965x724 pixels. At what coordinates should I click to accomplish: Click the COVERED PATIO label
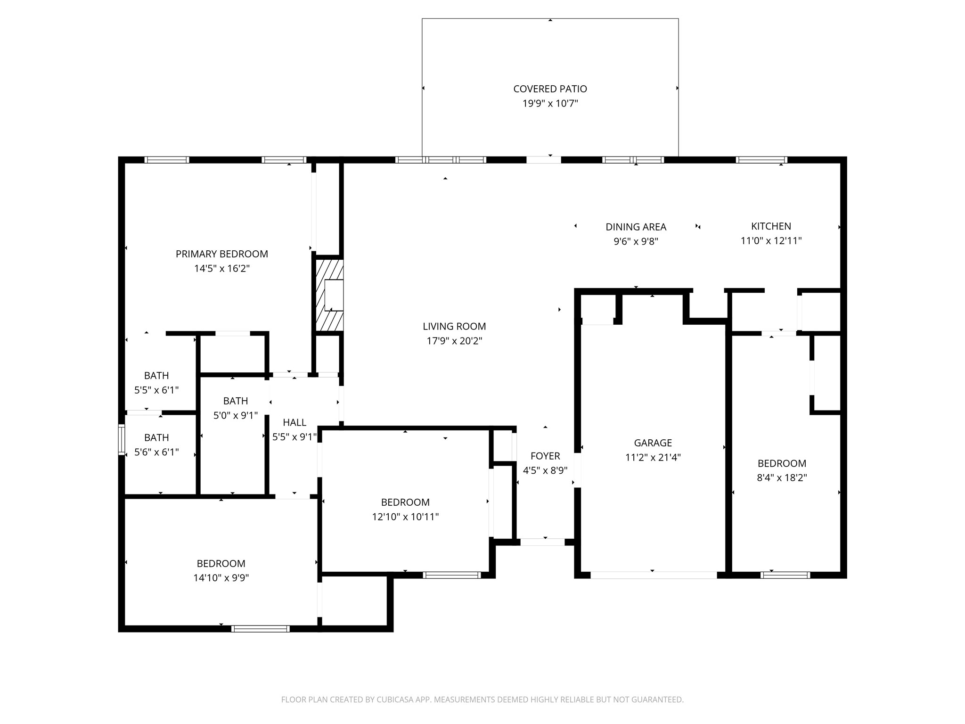(x=550, y=89)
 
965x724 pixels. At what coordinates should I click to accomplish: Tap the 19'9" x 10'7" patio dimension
(x=550, y=103)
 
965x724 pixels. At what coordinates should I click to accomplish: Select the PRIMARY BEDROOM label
(x=222, y=254)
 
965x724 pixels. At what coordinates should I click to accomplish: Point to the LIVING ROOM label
(x=454, y=326)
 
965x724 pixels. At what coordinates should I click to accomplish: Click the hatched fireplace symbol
(x=329, y=296)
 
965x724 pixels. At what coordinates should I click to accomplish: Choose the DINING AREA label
(x=636, y=227)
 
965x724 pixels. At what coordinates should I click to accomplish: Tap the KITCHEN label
(x=771, y=226)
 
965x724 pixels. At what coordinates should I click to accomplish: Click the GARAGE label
(x=653, y=443)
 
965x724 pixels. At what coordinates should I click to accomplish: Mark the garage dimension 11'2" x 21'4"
(x=653, y=457)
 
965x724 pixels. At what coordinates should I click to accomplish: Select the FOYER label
(x=545, y=456)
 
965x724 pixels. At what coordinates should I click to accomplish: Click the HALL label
(x=294, y=422)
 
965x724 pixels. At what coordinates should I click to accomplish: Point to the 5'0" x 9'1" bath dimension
(x=235, y=415)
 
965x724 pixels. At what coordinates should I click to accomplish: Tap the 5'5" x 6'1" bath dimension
(x=156, y=390)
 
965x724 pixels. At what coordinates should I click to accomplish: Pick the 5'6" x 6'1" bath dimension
(x=156, y=452)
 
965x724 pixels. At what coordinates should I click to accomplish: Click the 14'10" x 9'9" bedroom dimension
(x=221, y=578)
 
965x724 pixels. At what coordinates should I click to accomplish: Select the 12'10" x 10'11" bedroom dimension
(x=405, y=517)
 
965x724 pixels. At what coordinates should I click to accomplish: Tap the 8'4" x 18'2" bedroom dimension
(x=782, y=477)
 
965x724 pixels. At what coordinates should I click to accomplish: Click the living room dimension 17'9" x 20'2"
(x=454, y=341)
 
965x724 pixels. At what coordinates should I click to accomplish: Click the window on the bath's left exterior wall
(x=122, y=440)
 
